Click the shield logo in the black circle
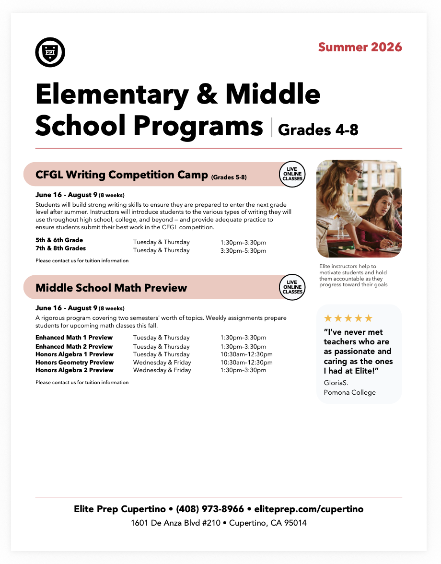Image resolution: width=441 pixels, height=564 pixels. (x=50, y=52)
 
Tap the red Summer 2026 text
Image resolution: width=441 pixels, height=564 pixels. (x=360, y=47)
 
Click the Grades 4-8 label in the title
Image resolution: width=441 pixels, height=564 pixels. (x=318, y=129)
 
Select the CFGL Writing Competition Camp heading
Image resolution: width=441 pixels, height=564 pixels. (x=122, y=175)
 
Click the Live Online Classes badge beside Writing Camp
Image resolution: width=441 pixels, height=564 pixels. (x=292, y=174)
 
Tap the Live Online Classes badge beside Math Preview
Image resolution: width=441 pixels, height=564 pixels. (x=292, y=287)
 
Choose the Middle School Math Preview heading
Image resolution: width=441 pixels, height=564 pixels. (x=111, y=288)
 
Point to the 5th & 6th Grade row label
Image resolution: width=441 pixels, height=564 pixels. (x=59, y=240)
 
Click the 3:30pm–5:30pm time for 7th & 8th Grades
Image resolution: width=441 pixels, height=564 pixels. (x=243, y=250)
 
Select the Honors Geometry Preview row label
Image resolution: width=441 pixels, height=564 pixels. (x=74, y=362)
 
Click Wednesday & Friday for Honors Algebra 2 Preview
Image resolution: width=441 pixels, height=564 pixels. (x=162, y=370)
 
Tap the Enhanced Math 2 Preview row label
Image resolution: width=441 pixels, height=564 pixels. (x=74, y=346)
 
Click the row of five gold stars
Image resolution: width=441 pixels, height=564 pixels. (x=348, y=318)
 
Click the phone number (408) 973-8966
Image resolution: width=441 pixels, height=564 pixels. (x=210, y=509)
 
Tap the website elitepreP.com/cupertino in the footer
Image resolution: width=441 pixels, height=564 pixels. (x=309, y=509)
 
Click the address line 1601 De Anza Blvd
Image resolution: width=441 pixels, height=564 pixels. (x=219, y=523)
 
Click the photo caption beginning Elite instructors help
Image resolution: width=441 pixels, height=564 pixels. (x=354, y=275)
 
